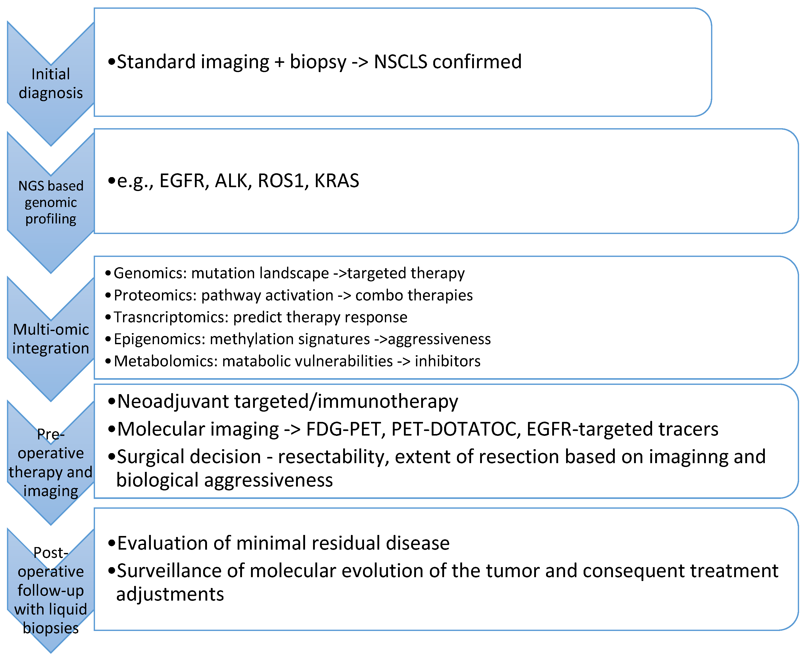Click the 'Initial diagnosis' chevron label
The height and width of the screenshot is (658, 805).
[x=51, y=83]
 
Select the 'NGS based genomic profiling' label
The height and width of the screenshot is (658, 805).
[x=51, y=202]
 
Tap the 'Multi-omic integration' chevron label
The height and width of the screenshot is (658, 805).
[x=51, y=339]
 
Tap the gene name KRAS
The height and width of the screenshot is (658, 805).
[x=336, y=181]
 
